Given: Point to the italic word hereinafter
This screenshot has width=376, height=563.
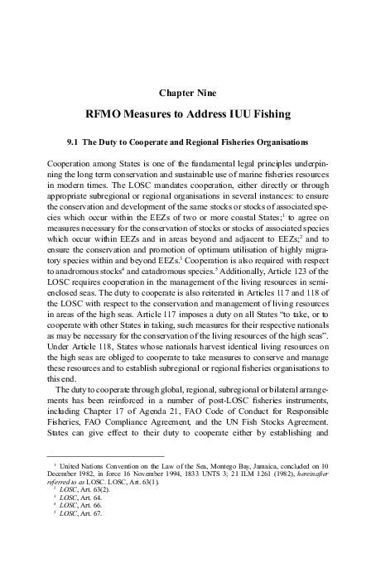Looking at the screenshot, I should coord(303,478).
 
